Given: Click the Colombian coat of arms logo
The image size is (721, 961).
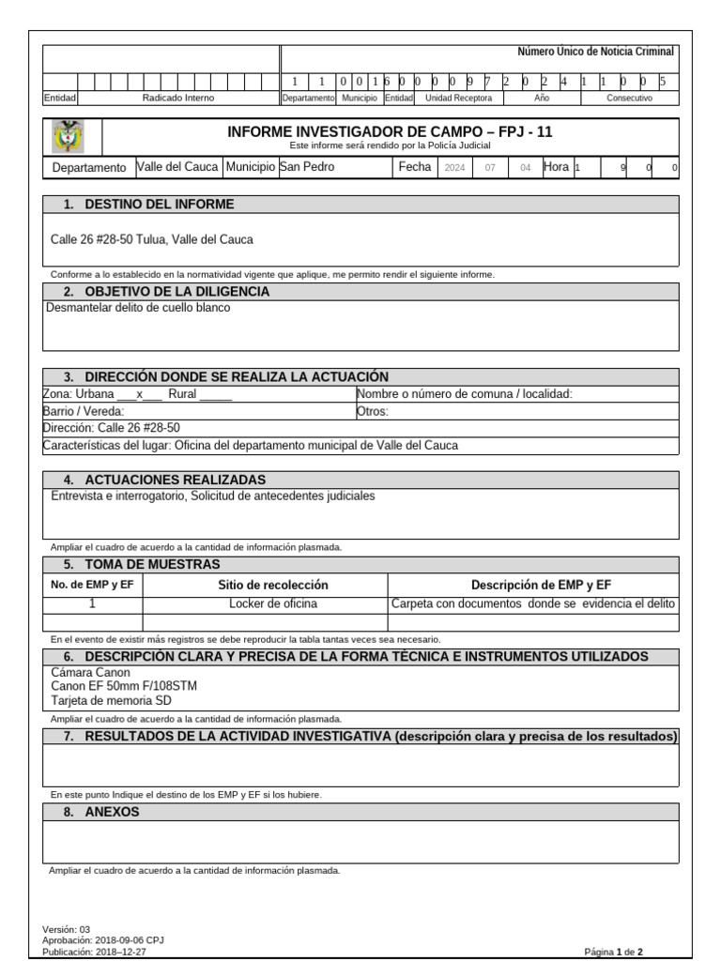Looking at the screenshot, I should [x=70, y=136].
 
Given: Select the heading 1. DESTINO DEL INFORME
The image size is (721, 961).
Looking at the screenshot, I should [x=160, y=205].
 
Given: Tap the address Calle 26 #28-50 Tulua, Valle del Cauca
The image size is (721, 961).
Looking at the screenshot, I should [x=151, y=239].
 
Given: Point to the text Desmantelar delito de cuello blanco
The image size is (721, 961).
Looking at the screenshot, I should [x=137, y=307].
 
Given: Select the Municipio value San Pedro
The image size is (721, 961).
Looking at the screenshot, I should [x=306, y=167].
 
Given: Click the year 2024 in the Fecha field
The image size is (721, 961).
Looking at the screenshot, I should [x=454, y=168].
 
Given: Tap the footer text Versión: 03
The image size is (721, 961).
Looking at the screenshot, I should [x=67, y=929].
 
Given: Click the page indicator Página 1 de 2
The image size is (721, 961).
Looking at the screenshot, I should [x=613, y=951].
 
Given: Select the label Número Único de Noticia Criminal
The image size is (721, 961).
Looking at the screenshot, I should [x=595, y=53].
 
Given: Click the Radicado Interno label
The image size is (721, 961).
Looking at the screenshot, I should [x=178, y=98].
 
